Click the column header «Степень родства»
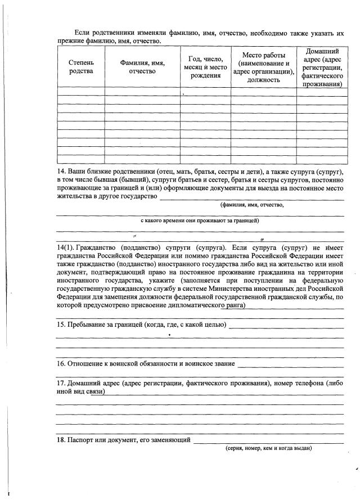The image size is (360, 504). click(80, 67)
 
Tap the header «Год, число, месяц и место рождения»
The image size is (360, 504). click(205, 67)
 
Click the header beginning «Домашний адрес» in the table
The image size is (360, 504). click(322, 67)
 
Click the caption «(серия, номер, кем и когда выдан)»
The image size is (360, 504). click(268, 448)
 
